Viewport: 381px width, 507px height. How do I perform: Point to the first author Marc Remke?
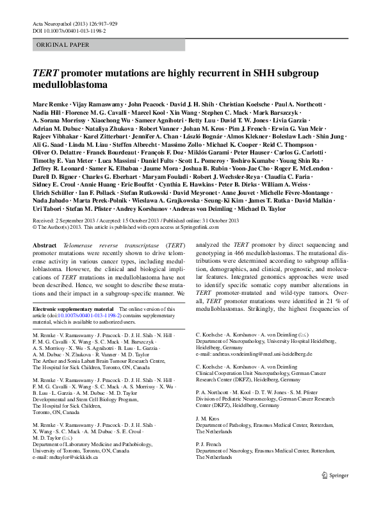[x=49, y=104]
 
